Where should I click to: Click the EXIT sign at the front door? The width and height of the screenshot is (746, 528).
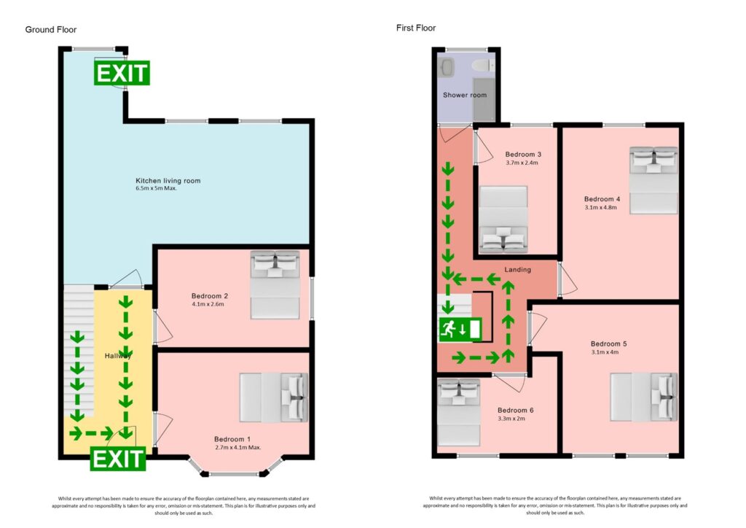[x=118, y=459]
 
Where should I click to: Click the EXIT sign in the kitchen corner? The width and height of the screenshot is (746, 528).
[x=122, y=73]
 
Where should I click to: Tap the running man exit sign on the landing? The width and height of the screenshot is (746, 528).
[x=460, y=329]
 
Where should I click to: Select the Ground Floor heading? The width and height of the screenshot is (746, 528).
[x=51, y=29]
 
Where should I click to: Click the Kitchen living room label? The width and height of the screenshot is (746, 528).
[x=168, y=181]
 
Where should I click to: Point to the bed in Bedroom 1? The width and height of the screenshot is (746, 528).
[x=274, y=397]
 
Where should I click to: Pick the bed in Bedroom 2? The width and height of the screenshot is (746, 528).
[x=275, y=284]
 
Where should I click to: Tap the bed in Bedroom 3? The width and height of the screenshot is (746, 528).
[x=502, y=219]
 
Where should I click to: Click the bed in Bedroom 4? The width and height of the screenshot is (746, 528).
[x=653, y=180]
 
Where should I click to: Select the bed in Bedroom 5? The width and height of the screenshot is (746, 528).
[x=643, y=397]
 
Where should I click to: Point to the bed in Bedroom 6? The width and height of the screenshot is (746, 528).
[x=458, y=413]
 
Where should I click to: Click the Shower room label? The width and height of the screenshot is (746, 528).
[x=464, y=95]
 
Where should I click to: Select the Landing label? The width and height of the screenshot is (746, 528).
[x=518, y=269]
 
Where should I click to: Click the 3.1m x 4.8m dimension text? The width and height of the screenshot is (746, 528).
[x=600, y=207]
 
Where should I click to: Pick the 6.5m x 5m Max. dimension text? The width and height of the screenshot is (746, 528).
[x=157, y=189]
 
